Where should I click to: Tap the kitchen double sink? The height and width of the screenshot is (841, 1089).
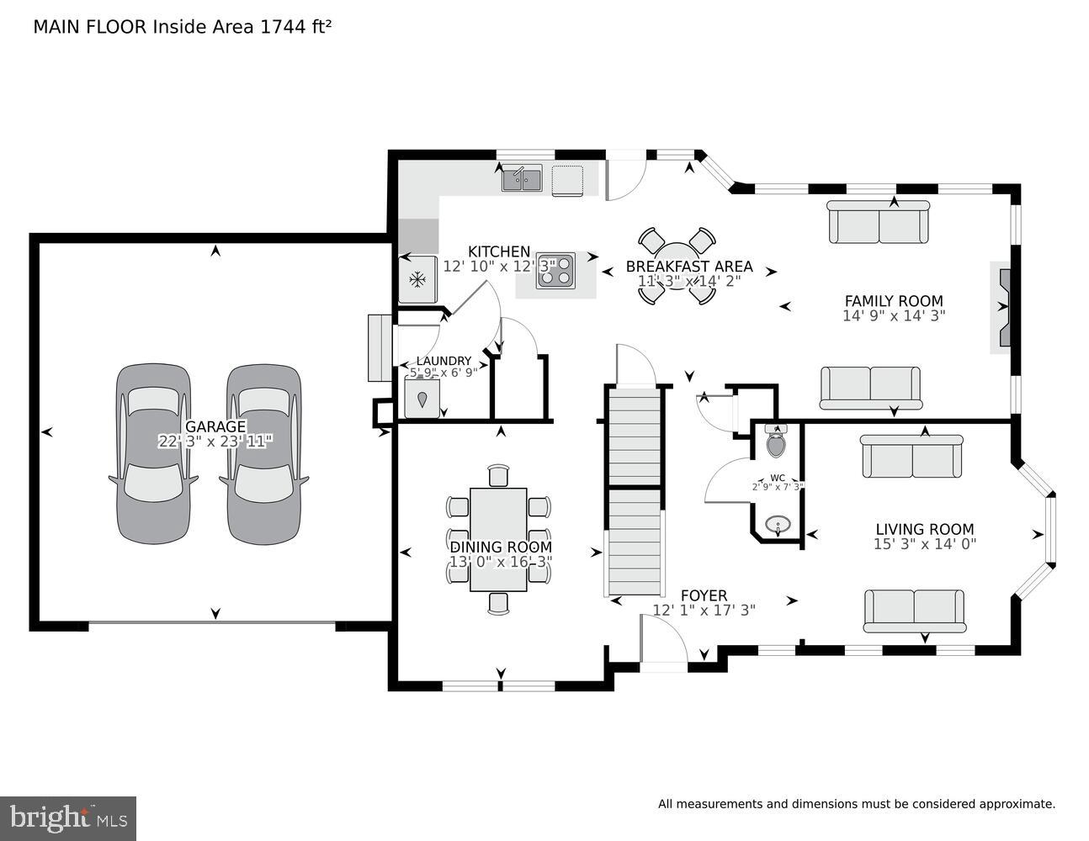pos(522,179)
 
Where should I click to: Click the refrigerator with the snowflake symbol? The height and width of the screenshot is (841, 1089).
pos(417,279)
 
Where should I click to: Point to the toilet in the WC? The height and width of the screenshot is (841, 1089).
pos(776,441)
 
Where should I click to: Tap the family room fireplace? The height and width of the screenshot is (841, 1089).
pos(1001,308)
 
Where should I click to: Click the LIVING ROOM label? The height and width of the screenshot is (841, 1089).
pos(924,529)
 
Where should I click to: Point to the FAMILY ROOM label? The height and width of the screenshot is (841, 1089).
pos(893,300)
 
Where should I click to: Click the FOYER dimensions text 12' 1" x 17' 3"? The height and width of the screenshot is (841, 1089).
pos(704,611)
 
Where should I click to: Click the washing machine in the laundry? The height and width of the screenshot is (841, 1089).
pos(422,398)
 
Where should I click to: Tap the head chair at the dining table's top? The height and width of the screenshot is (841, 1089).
pos(499,475)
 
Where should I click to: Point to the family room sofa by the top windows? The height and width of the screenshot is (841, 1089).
pos(879,222)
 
